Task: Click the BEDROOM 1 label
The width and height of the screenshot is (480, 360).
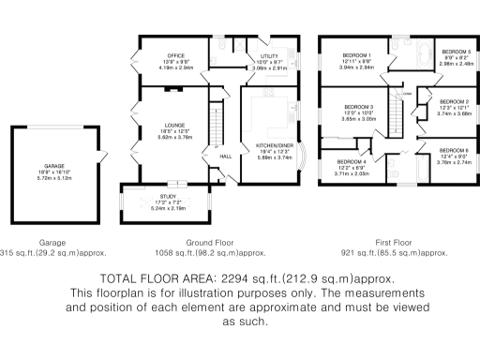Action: click(x=356, y=55)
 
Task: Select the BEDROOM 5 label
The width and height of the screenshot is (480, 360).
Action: click(x=456, y=52)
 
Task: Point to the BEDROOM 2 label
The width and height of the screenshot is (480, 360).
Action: click(x=455, y=100)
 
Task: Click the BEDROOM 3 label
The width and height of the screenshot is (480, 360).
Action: click(x=359, y=107)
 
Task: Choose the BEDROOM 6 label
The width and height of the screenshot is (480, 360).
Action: click(x=455, y=151)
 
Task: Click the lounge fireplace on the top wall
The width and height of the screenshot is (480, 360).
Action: click(x=173, y=89)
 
